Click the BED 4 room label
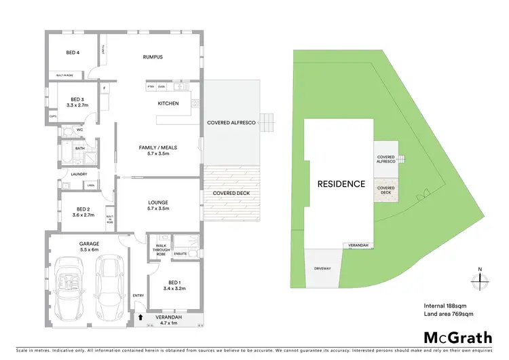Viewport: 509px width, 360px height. pyautogui.click(x=73, y=53)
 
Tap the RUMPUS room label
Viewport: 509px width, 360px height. pyautogui.click(x=153, y=57)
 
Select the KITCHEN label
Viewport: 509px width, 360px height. pyautogui.click(x=168, y=103)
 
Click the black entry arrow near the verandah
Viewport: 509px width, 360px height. pyautogui.click(x=140, y=317)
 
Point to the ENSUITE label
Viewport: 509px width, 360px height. pyautogui.click(x=181, y=253)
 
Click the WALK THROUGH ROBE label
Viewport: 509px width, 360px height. pyautogui.click(x=161, y=249)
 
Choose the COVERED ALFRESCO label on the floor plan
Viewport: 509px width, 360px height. pyautogui.click(x=231, y=123)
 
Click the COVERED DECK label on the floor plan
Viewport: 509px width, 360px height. pyautogui.click(x=231, y=193)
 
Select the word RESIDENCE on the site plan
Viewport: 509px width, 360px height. pyautogui.click(x=341, y=184)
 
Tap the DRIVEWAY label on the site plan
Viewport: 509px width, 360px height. pyautogui.click(x=322, y=268)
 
